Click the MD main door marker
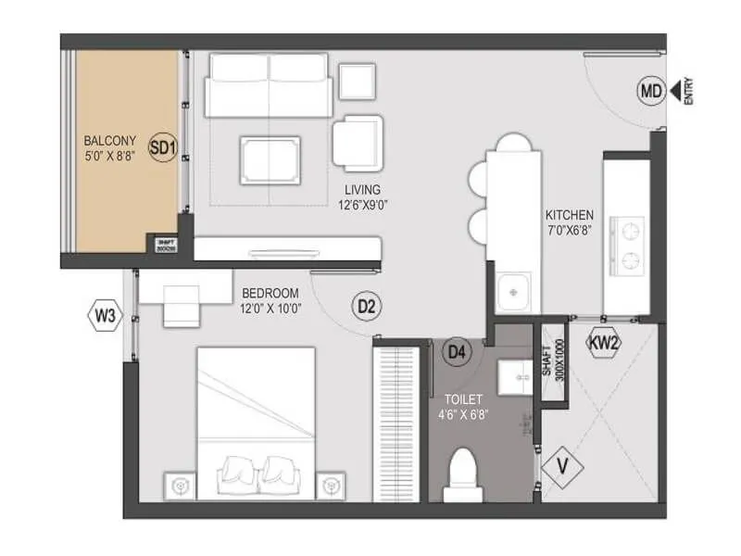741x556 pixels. tap(651, 91)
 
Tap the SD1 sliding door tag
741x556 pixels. tap(163, 146)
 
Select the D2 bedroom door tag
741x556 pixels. tap(366, 307)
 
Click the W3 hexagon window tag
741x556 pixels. tap(105, 316)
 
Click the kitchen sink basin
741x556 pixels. tap(511, 292)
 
